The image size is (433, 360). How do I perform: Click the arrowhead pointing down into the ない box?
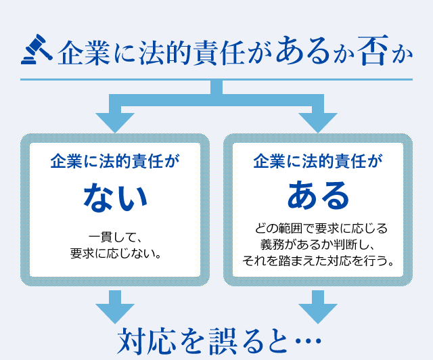(116, 121)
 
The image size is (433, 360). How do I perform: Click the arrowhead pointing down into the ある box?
(317, 121)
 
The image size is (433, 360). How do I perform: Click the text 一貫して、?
(115, 238)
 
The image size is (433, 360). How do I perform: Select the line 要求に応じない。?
(115, 254)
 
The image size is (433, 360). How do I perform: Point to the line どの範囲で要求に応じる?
(318, 228)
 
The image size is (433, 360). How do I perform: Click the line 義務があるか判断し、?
(318, 244)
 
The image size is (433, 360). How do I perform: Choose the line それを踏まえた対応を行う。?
(318, 260)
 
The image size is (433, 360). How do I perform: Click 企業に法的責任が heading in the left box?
(115, 162)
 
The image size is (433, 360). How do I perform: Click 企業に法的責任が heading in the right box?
(318, 162)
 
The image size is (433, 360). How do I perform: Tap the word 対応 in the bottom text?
(143, 340)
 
